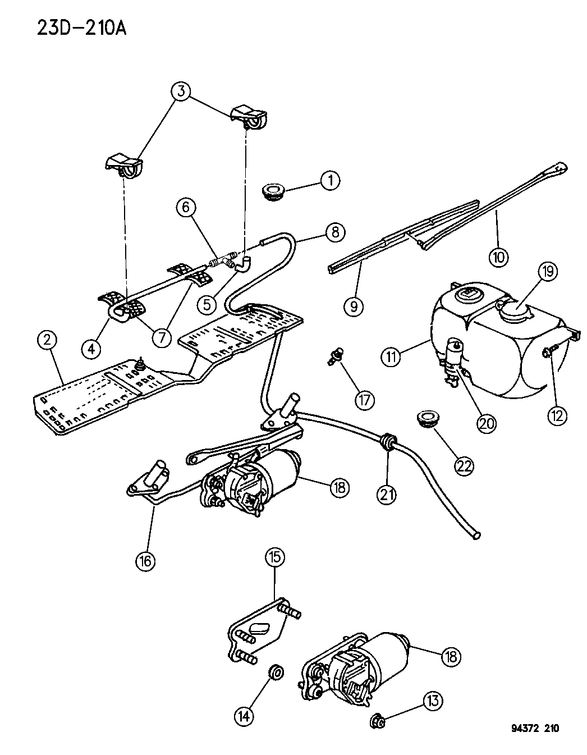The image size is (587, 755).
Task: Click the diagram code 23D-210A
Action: tap(81, 28)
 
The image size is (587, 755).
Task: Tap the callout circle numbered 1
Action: tap(330, 180)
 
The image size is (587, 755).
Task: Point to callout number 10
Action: tap(498, 257)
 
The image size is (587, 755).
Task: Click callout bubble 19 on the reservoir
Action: tap(548, 272)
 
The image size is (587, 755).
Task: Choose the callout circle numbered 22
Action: tap(465, 465)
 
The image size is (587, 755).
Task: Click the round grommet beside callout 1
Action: tap(273, 192)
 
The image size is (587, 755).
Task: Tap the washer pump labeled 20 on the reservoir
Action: tap(454, 362)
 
